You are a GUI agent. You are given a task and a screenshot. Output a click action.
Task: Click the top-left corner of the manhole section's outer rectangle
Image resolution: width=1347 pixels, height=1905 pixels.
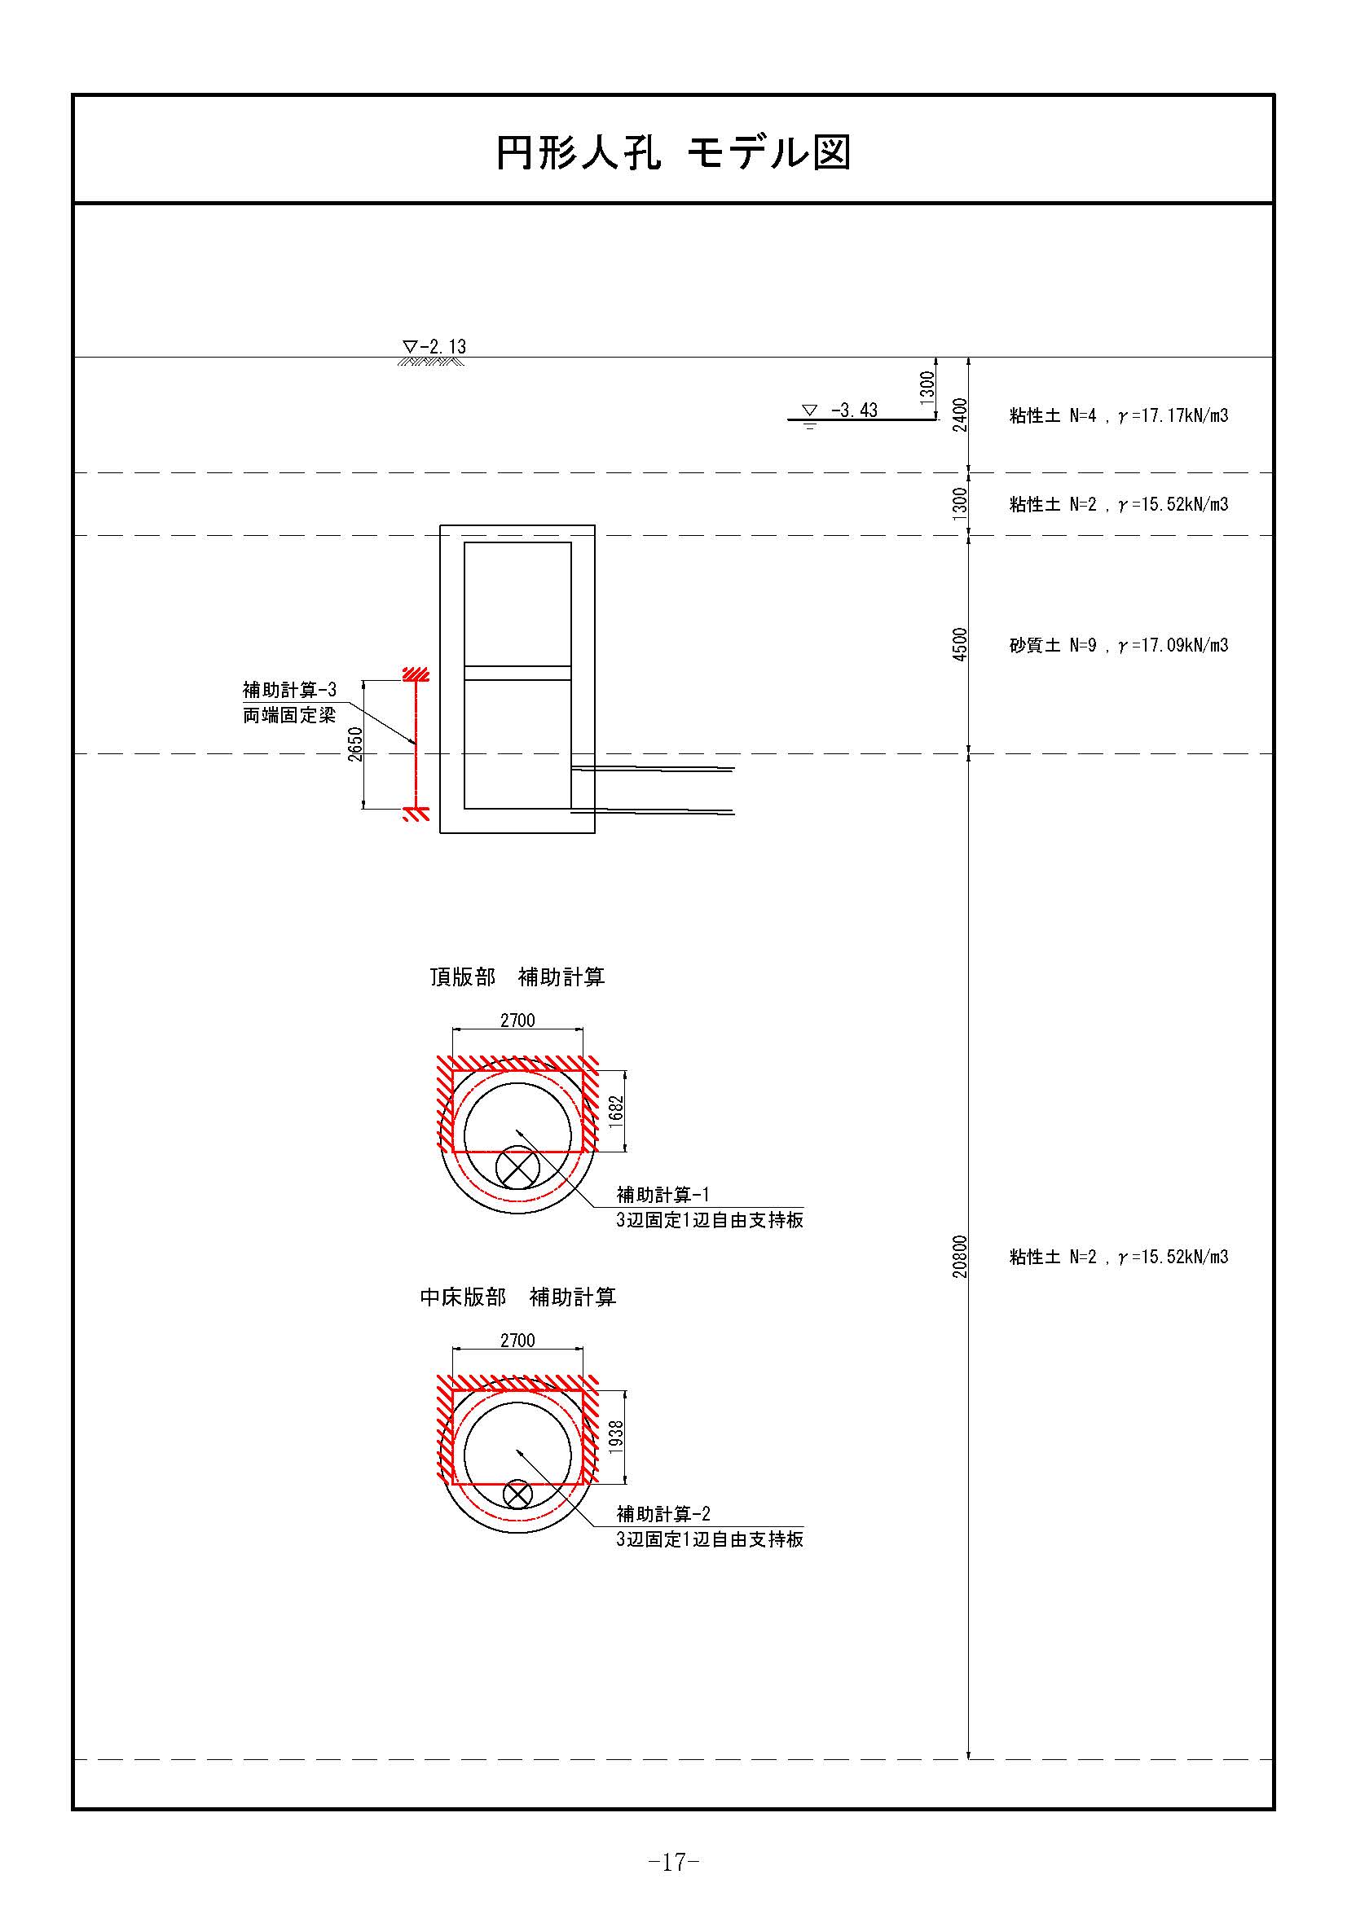[x=440, y=525]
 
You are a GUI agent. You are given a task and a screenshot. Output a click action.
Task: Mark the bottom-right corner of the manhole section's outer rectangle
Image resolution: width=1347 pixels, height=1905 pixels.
[x=595, y=832]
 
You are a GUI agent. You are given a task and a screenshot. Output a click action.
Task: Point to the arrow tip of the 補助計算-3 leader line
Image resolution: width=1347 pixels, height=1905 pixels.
[x=414, y=743]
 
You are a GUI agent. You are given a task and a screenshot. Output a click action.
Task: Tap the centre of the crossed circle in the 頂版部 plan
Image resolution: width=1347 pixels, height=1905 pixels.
[x=517, y=1168]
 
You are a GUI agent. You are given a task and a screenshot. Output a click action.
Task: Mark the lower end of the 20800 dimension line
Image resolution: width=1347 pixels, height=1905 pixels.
[x=969, y=1759]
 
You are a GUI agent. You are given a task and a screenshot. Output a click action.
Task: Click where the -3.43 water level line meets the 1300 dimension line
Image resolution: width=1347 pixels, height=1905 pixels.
[x=936, y=419]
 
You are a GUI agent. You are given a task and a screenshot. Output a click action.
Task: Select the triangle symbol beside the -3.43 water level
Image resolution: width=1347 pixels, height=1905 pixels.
[x=809, y=410]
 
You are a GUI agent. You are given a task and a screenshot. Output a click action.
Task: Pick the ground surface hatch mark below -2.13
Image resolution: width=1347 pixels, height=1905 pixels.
[x=431, y=362]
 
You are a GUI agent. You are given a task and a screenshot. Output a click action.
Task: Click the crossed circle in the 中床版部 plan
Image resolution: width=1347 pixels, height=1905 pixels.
[x=518, y=1495]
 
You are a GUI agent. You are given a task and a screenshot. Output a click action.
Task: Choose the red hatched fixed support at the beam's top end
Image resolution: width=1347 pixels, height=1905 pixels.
[x=416, y=674]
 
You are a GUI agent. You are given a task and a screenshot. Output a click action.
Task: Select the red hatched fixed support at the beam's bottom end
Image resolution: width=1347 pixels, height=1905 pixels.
[x=416, y=814]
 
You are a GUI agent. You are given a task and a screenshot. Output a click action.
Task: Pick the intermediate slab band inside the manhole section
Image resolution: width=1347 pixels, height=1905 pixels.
[x=517, y=673]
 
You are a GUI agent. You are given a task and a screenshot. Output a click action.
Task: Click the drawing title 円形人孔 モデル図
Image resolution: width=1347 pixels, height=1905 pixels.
[x=673, y=151]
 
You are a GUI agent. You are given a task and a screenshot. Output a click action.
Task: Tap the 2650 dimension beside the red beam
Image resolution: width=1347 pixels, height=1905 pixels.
[x=355, y=744]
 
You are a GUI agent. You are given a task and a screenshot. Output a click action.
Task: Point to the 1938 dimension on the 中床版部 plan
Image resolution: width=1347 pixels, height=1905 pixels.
[x=616, y=1436]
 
